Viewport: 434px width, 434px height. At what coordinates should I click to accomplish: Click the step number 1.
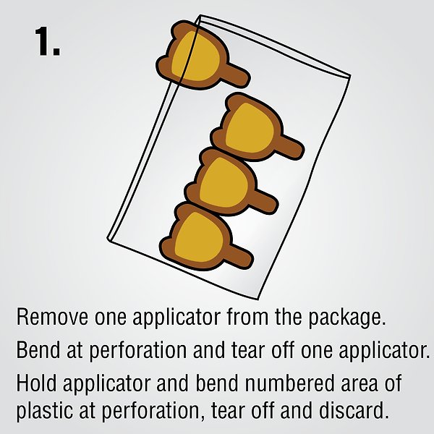(47, 41)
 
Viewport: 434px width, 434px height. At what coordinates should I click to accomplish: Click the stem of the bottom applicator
(241, 257)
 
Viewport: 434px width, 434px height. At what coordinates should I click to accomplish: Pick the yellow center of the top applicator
(196, 56)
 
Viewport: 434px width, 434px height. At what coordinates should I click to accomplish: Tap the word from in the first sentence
(247, 316)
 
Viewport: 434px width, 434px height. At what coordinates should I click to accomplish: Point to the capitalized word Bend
(38, 350)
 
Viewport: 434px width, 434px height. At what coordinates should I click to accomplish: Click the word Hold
(37, 383)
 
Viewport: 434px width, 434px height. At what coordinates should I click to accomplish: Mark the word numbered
(290, 383)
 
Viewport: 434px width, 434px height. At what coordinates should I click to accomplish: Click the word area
(359, 386)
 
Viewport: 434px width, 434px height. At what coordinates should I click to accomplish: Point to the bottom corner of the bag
(258, 299)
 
